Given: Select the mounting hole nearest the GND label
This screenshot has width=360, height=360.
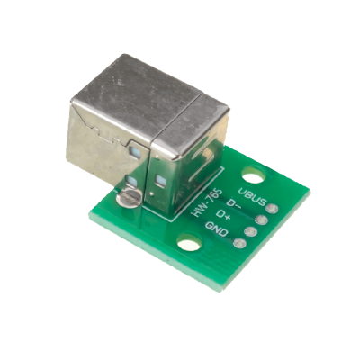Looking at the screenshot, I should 188,242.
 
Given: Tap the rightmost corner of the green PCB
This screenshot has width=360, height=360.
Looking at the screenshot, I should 309,190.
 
